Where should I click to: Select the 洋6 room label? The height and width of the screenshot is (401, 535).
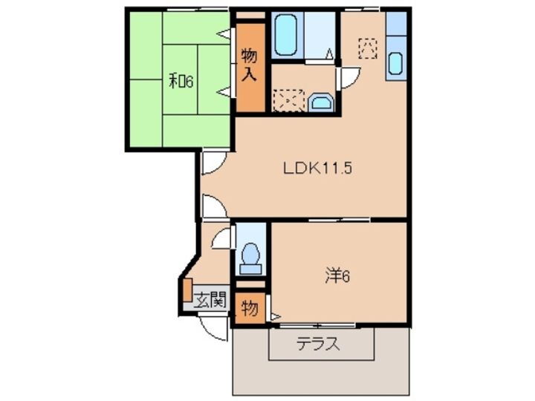[337, 276]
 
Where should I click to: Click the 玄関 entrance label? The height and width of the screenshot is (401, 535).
[210, 300]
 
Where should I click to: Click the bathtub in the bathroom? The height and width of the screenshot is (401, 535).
[286, 34]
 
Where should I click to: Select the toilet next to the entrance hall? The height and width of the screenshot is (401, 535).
[251, 255]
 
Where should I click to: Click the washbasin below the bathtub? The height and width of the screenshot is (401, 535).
[320, 101]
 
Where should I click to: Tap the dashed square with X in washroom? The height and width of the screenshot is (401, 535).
[287, 100]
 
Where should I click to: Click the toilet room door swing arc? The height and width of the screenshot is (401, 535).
[221, 238]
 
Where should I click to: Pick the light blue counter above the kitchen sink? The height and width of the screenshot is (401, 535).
[397, 24]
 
